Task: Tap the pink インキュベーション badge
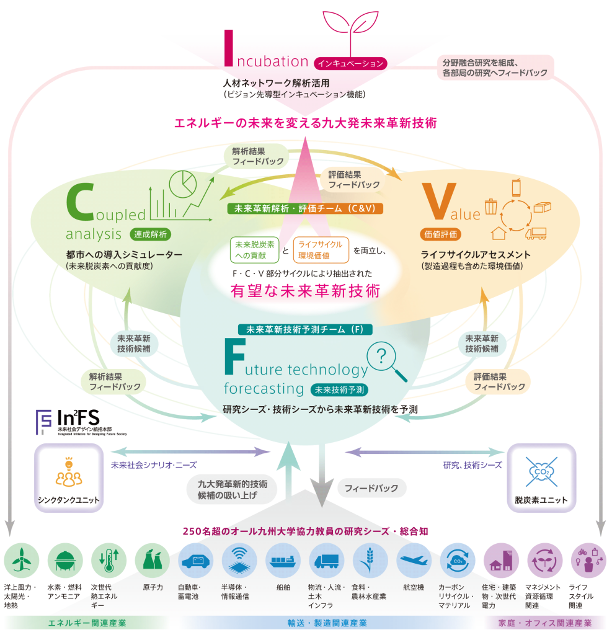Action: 351,63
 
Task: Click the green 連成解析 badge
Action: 151,234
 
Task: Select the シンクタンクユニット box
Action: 68,477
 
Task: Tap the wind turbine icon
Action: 22,560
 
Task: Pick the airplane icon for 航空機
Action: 414,560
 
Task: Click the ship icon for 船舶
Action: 283,560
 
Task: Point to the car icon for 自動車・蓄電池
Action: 196,560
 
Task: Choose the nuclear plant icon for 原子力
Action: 152,560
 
